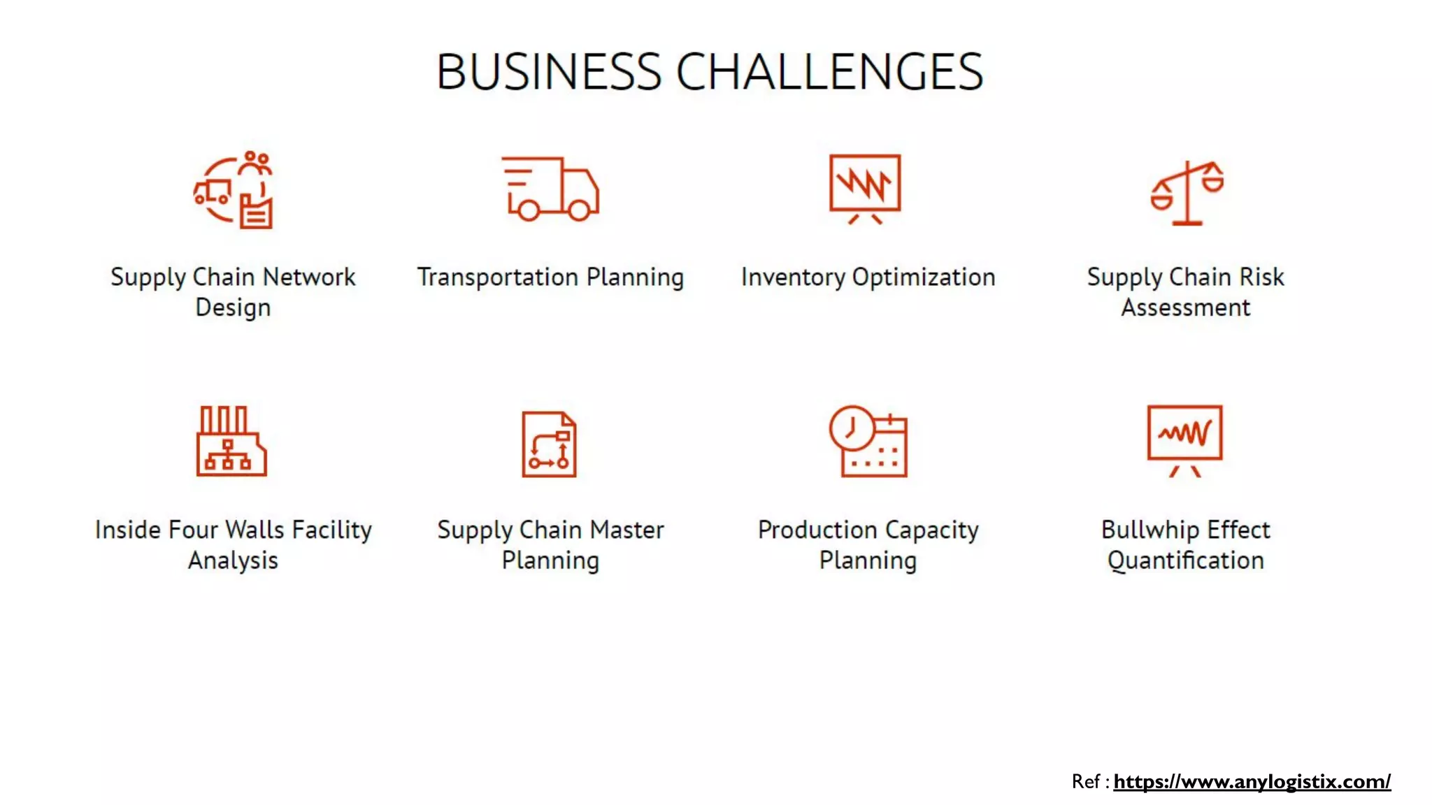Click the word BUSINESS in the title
coord(548,72)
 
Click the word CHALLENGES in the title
coord(829,72)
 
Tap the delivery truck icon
coord(550,189)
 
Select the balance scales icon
coord(1187,193)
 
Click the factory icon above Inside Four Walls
coord(231,441)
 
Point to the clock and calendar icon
coord(868,442)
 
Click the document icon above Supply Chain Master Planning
coord(550,444)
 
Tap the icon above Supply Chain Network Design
coord(234,190)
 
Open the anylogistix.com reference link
coord(1252,781)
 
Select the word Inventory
coord(793,277)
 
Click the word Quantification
coord(1185,560)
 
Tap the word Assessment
coord(1185,307)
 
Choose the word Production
coord(817,530)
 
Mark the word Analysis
coord(233,560)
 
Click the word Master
coord(626,530)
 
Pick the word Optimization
coord(923,277)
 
